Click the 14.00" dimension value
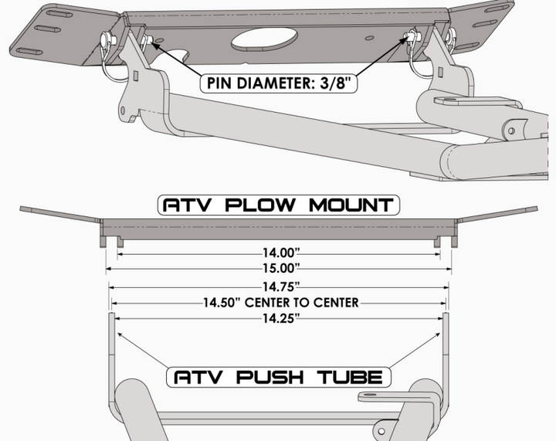click(x=281, y=253)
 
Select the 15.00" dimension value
click(x=281, y=268)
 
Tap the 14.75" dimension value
click(x=281, y=286)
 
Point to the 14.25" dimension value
click(x=281, y=318)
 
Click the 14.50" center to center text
click(x=281, y=303)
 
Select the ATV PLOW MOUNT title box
click(x=279, y=205)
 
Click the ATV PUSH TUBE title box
click(x=279, y=377)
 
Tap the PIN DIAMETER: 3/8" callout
click(x=279, y=83)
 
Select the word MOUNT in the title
click(x=351, y=205)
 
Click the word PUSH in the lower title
click(x=270, y=377)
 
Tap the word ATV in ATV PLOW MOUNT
click(x=187, y=205)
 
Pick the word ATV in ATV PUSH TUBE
click(x=198, y=377)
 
